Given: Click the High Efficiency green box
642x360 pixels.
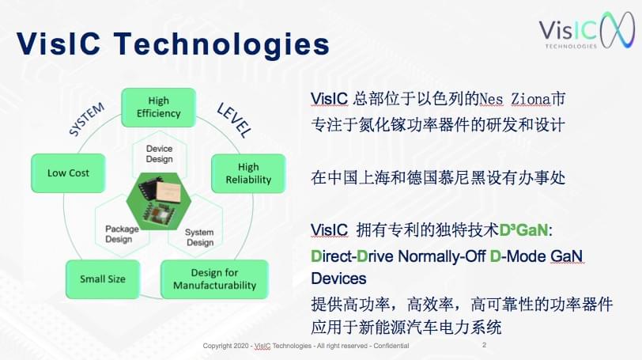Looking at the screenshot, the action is point(158,108).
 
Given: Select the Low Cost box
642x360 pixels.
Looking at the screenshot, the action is point(68,172).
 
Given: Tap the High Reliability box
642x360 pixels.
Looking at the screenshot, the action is point(248,173).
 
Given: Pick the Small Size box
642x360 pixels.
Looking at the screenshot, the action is point(103,279).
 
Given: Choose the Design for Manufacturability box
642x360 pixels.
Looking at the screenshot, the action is point(214,279).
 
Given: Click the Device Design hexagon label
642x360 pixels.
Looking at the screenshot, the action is point(159,153).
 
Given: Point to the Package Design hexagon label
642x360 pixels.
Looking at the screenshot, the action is point(122,234).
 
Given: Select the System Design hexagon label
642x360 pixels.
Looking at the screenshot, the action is point(199,237).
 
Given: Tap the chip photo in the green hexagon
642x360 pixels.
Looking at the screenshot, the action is point(159,201).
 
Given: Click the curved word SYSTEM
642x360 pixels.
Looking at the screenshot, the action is point(86,119).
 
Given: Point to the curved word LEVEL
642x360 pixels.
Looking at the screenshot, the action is point(234,120).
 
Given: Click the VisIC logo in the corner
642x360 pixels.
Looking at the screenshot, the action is point(587,30).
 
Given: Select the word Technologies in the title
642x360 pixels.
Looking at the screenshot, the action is point(221,44).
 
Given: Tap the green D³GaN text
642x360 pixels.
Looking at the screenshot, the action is point(523,230).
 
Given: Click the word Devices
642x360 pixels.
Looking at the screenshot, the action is point(338,279).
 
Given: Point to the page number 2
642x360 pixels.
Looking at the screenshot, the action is point(485,345).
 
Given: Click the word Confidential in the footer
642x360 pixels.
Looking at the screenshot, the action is point(391,346).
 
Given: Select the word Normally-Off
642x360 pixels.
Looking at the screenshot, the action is point(441,256).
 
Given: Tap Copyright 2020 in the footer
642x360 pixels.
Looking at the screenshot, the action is point(225,346).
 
